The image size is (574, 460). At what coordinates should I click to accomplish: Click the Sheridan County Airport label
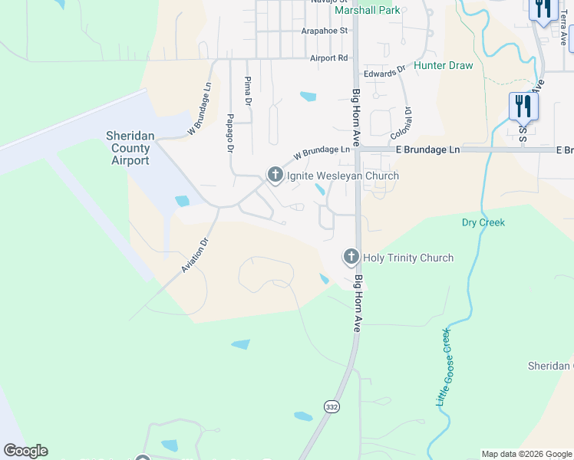click(130, 148)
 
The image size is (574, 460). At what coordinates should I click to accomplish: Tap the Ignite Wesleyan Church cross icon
click(275, 176)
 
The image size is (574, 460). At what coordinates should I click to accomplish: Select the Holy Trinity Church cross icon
click(351, 258)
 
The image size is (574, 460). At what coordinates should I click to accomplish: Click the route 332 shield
click(331, 406)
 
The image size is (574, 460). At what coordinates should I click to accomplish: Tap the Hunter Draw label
click(444, 65)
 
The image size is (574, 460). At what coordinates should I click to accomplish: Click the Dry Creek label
click(483, 222)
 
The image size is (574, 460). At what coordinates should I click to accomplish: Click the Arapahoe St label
click(324, 31)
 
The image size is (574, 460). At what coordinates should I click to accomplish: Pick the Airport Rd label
click(328, 58)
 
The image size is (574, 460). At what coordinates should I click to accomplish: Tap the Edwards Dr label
click(384, 73)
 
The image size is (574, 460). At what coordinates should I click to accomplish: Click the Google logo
click(25, 451)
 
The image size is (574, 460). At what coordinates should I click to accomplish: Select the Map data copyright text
click(526, 454)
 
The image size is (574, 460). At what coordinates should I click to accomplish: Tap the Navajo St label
click(329, 2)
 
